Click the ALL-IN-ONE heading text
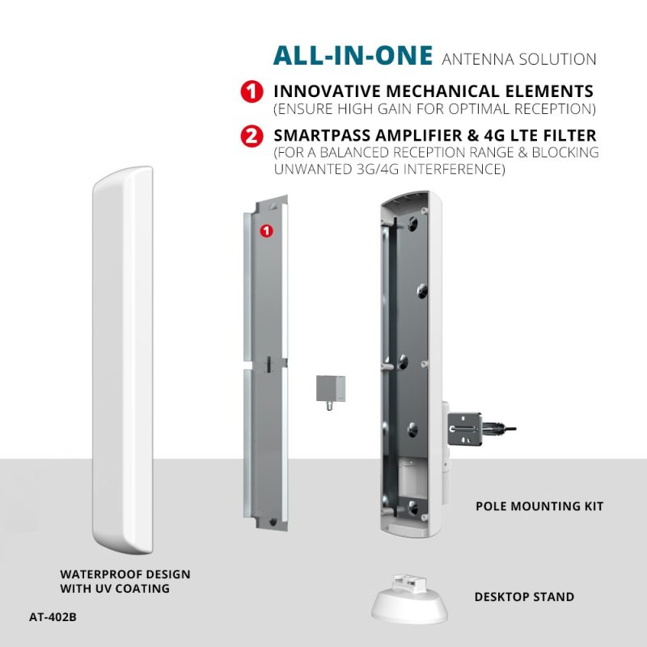[353, 56]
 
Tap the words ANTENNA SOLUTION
[518, 59]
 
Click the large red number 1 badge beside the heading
[252, 91]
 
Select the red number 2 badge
[252, 136]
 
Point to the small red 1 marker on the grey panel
[267, 231]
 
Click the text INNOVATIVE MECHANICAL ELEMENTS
[433, 91]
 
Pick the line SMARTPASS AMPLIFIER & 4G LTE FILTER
[435, 135]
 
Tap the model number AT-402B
[53, 617]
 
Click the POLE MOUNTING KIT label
[539, 506]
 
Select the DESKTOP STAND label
[524, 597]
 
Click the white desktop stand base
[409, 604]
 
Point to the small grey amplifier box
[331, 388]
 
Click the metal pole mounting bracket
[464, 429]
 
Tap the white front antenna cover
[123, 360]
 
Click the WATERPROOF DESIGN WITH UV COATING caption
[125, 581]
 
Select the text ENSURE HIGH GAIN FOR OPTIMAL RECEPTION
[435, 109]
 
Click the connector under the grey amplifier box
[330, 406]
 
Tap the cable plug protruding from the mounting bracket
[499, 429]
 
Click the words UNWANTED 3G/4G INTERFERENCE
[390, 169]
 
